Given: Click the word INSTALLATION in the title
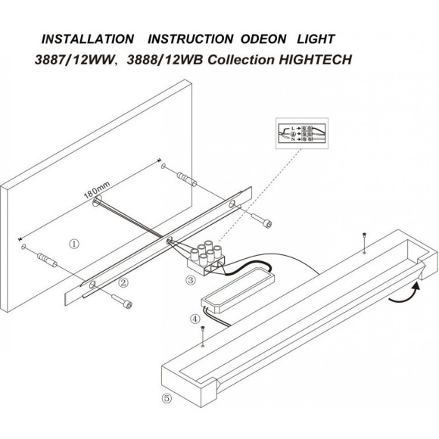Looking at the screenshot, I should [x=87, y=38].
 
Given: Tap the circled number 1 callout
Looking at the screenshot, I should [x=73, y=244].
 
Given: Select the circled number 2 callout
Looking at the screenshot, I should [x=122, y=283].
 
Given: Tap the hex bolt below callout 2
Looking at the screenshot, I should [x=124, y=304].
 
